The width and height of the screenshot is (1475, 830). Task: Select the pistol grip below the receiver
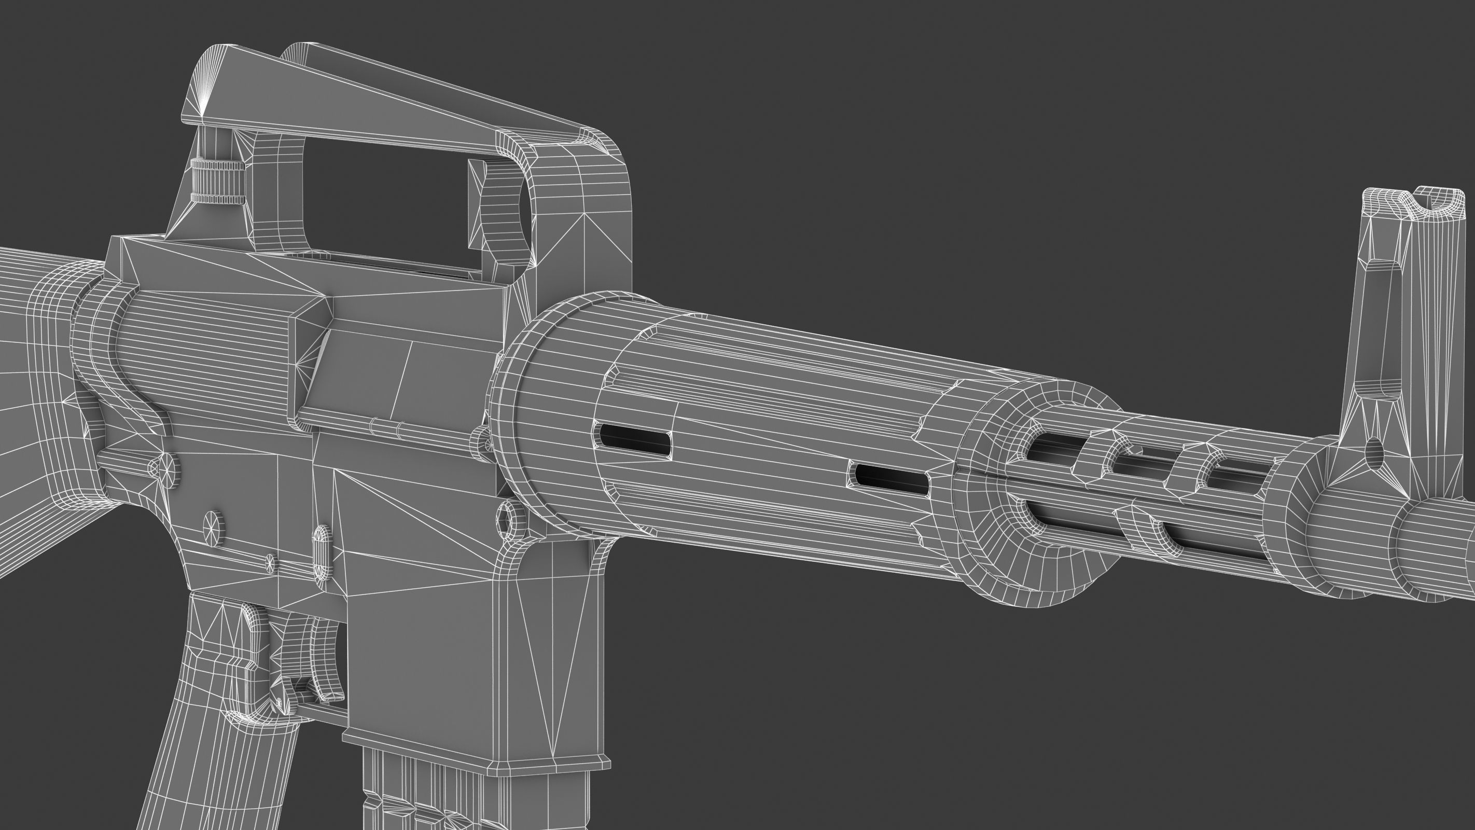(x=229, y=744)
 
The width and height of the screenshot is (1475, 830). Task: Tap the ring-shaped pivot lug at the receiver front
(x=511, y=518)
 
